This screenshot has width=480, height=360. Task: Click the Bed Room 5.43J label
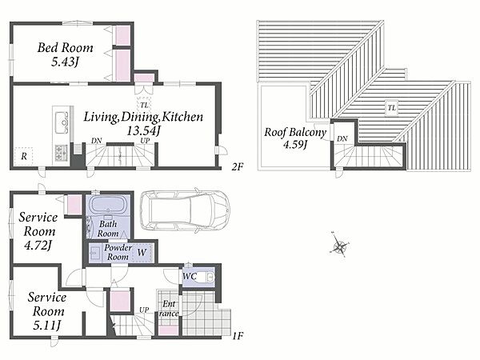coord(66,54)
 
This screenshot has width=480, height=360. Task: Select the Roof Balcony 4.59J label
coord(295,138)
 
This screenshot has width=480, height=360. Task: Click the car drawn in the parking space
coord(185,210)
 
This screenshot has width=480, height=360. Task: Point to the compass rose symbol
coord(339,245)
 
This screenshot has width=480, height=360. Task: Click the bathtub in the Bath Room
coord(109,205)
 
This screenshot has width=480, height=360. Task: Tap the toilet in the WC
coord(206,278)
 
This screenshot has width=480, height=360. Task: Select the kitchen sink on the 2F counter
coord(62,122)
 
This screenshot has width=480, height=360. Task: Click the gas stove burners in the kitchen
coord(62,153)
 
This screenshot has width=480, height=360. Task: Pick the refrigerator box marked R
coord(23,157)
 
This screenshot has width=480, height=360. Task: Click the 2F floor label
coord(238,167)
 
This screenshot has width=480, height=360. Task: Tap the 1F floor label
coord(238,336)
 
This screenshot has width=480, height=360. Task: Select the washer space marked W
coord(142,253)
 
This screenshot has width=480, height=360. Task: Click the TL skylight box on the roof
coord(391,108)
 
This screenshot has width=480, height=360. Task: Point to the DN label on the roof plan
coord(342,139)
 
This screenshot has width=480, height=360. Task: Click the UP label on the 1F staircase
coord(144,310)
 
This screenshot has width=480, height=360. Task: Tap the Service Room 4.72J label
coord(38,231)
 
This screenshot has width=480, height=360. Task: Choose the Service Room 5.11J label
coord(47,311)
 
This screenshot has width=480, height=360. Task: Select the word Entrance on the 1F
coord(169,309)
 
